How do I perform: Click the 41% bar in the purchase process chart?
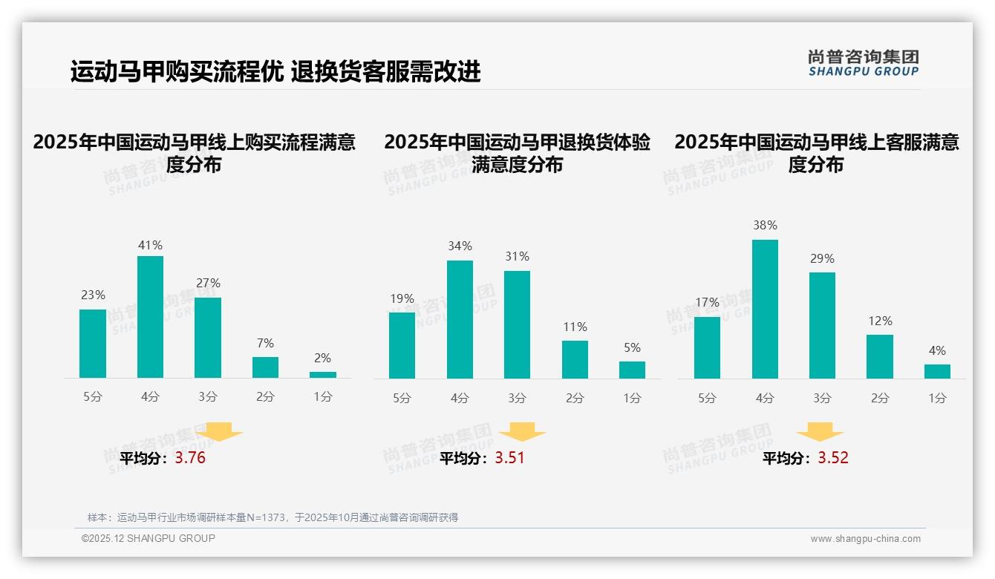pyautogui.click(x=151, y=317)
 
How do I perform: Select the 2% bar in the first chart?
pyautogui.click(x=323, y=375)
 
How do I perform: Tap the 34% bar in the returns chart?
pyautogui.click(x=460, y=319)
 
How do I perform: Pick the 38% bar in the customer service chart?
pyautogui.click(x=765, y=309)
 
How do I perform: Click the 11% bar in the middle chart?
pyautogui.click(x=575, y=359)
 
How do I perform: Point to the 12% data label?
pyautogui.click(x=880, y=321)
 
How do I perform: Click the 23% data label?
pyautogui.click(x=93, y=295)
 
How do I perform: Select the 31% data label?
pyautogui.click(x=517, y=256)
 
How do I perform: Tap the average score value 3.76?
pyautogui.click(x=190, y=458)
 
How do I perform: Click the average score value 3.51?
pyautogui.click(x=509, y=458)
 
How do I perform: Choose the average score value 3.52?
pyautogui.click(x=833, y=458)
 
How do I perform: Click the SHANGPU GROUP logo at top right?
pyautogui.click(x=863, y=62)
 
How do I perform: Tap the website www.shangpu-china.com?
pyautogui.click(x=865, y=539)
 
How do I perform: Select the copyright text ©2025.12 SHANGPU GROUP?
pyautogui.click(x=149, y=538)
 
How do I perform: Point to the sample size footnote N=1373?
pyautogui.click(x=273, y=517)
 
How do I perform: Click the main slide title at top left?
pyautogui.click(x=275, y=71)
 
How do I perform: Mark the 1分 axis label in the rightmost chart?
pyautogui.click(x=937, y=398)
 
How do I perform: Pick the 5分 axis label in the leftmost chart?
pyautogui.click(x=93, y=397)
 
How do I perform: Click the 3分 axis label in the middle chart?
pyautogui.click(x=517, y=398)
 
